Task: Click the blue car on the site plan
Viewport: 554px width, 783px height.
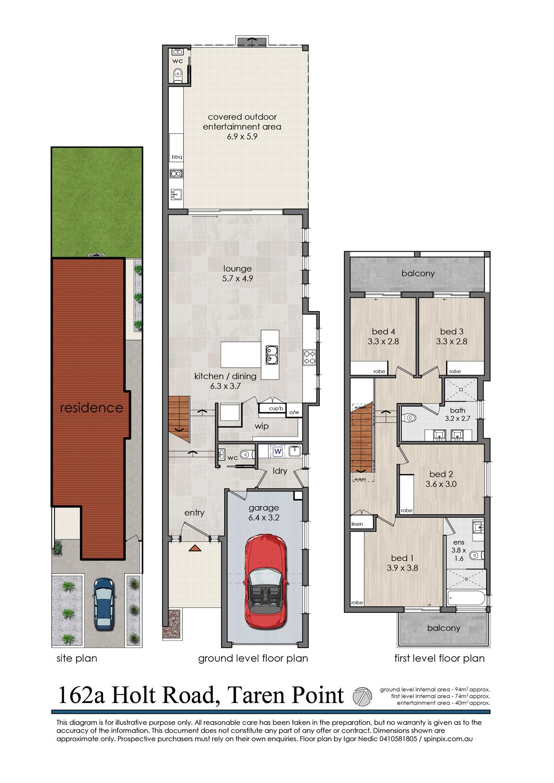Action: (x=104, y=604)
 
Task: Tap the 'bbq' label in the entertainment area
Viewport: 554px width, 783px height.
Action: (x=177, y=157)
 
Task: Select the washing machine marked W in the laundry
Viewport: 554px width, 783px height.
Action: (x=278, y=451)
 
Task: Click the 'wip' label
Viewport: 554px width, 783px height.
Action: (x=261, y=426)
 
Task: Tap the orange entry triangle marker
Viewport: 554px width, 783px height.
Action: (x=195, y=548)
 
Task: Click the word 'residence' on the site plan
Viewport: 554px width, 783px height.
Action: (x=91, y=408)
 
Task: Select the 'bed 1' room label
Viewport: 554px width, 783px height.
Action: (x=402, y=558)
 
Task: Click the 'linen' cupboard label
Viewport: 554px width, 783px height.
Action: (x=357, y=524)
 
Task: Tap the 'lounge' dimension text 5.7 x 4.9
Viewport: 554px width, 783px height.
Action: (x=237, y=279)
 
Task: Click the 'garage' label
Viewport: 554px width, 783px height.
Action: (x=264, y=508)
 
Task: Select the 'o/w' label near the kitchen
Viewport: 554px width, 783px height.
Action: (x=294, y=412)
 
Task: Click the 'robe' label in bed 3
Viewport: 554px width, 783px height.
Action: (x=455, y=371)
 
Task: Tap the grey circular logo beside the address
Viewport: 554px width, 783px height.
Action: (x=362, y=696)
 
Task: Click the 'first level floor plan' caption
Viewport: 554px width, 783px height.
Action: (x=439, y=658)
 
